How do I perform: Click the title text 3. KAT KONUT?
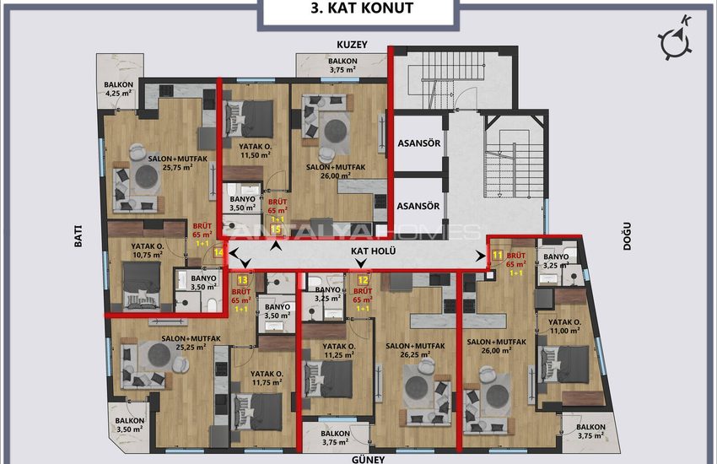coord(362,8)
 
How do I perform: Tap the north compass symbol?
coord(676,40)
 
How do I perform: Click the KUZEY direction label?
coord(352,45)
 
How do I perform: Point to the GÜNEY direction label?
coord(368,459)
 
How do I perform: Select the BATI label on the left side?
coord(78,236)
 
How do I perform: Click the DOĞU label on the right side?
coord(627,236)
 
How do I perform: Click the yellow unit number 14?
coord(219,252)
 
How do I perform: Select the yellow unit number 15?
coord(276,229)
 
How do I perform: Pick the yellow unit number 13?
coord(242,280)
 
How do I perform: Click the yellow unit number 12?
coord(363,280)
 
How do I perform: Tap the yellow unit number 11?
coord(498,255)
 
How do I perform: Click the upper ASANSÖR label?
coord(419,143)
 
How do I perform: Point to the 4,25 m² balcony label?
coord(118,89)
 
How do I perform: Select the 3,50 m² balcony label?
coord(129,424)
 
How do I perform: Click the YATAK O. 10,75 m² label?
coord(147,251)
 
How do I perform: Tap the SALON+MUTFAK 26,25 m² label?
coord(415,350)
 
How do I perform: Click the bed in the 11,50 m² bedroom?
coord(249,119)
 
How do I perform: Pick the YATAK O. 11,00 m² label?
coord(564,326)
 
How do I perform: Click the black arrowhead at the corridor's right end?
coord(481,256)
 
